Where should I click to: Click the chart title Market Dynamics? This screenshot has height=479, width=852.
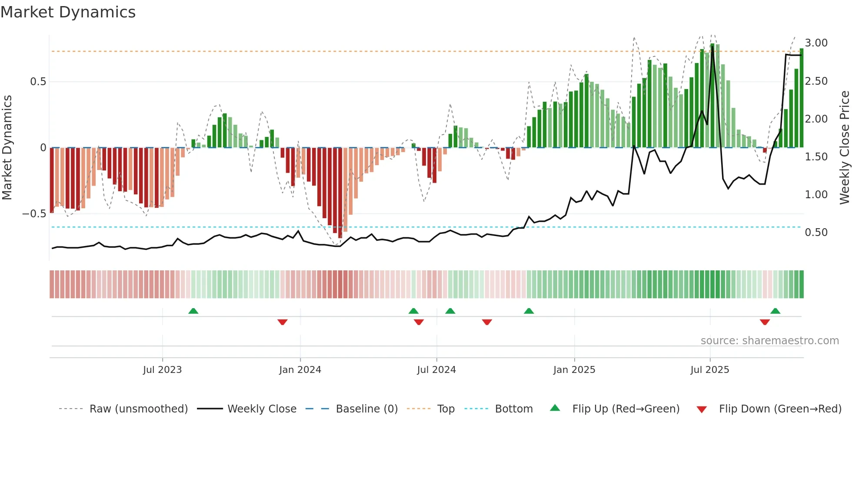click(x=68, y=12)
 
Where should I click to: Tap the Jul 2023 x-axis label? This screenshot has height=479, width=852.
click(x=162, y=370)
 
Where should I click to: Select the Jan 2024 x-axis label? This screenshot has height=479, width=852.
click(x=300, y=370)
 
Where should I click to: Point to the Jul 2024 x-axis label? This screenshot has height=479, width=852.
click(x=436, y=370)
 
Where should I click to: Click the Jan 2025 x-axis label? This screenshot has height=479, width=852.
click(x=574, y=370)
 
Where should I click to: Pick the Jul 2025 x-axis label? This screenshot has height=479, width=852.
click(x=710, y=370)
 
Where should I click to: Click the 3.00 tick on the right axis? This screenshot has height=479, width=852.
click(x=816, y=43)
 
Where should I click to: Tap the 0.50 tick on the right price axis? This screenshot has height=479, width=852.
click(x=816, y=233)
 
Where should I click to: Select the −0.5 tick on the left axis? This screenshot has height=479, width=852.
click(x=34, y=214)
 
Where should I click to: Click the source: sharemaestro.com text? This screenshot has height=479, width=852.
click(x=769, y=341)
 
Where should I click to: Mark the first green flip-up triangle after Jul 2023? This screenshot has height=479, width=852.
click(x=193, y=311)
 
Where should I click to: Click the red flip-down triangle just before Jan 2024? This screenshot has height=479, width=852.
click(x=283, y=322)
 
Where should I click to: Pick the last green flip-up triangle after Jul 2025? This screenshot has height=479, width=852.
click(x=775, y=311)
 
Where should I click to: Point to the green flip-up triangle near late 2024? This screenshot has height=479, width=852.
click(x=529, y=311)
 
